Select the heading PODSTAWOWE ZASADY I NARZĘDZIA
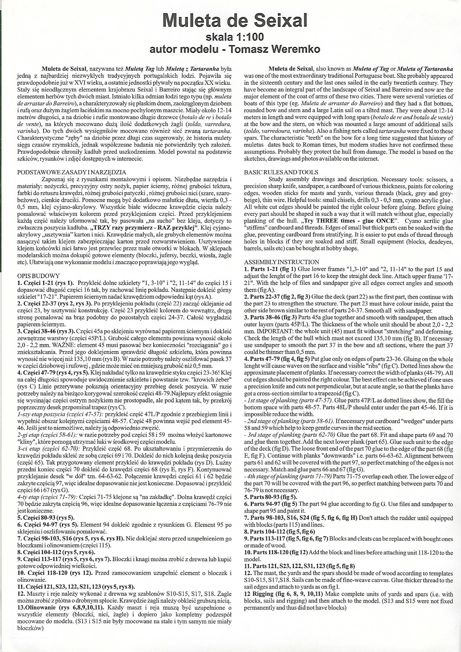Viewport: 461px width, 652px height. pos(72,172)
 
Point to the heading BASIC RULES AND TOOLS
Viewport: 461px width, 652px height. pos(281,172)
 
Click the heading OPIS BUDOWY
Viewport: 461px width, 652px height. pos(38,276)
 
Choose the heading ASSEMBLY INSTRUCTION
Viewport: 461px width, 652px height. pos(281,262)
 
